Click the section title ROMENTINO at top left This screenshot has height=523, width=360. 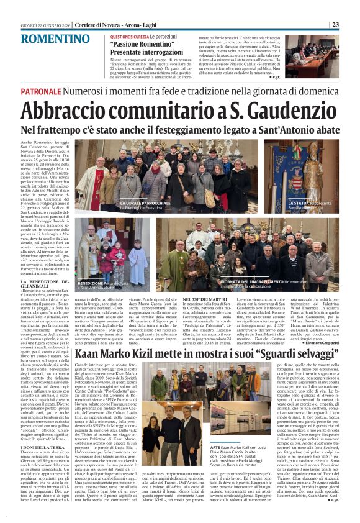click(x=55, y=38)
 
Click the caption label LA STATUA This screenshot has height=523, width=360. click(x=302, y=203)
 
